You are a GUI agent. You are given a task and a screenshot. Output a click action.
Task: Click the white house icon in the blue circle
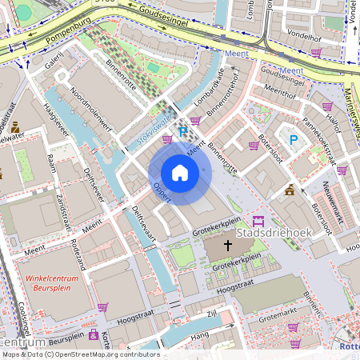coord(180,173)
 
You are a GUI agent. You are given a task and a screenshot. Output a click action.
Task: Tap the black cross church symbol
coord(228,246)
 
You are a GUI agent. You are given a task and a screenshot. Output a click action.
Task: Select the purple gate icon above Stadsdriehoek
coord(258,221)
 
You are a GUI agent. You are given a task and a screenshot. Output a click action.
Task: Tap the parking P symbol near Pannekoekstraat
coord(294,140)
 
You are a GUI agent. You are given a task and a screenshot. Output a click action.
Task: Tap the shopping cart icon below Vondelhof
coord(316,53)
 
